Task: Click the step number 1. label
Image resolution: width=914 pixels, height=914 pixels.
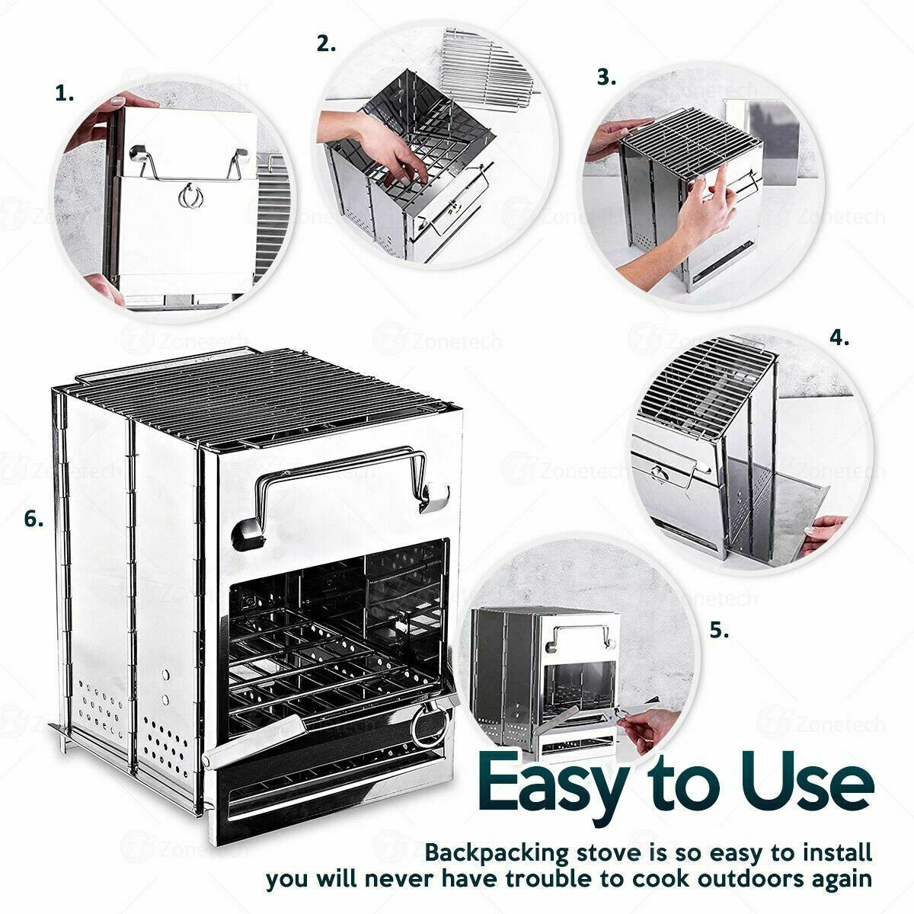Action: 65,94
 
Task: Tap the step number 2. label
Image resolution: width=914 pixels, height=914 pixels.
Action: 326,44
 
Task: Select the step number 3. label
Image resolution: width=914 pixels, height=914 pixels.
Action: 606,77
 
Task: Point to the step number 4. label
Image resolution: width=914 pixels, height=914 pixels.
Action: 839,338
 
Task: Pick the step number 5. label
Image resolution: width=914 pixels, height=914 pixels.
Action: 720,631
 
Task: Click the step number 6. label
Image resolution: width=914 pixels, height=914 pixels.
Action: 34,519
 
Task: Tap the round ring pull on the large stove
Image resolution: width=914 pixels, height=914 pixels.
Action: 429,727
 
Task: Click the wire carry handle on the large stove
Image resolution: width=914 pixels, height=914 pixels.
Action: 340,480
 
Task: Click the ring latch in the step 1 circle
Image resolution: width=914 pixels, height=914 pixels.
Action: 190,196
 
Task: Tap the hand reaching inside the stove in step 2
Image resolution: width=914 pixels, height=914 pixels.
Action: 379,145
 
